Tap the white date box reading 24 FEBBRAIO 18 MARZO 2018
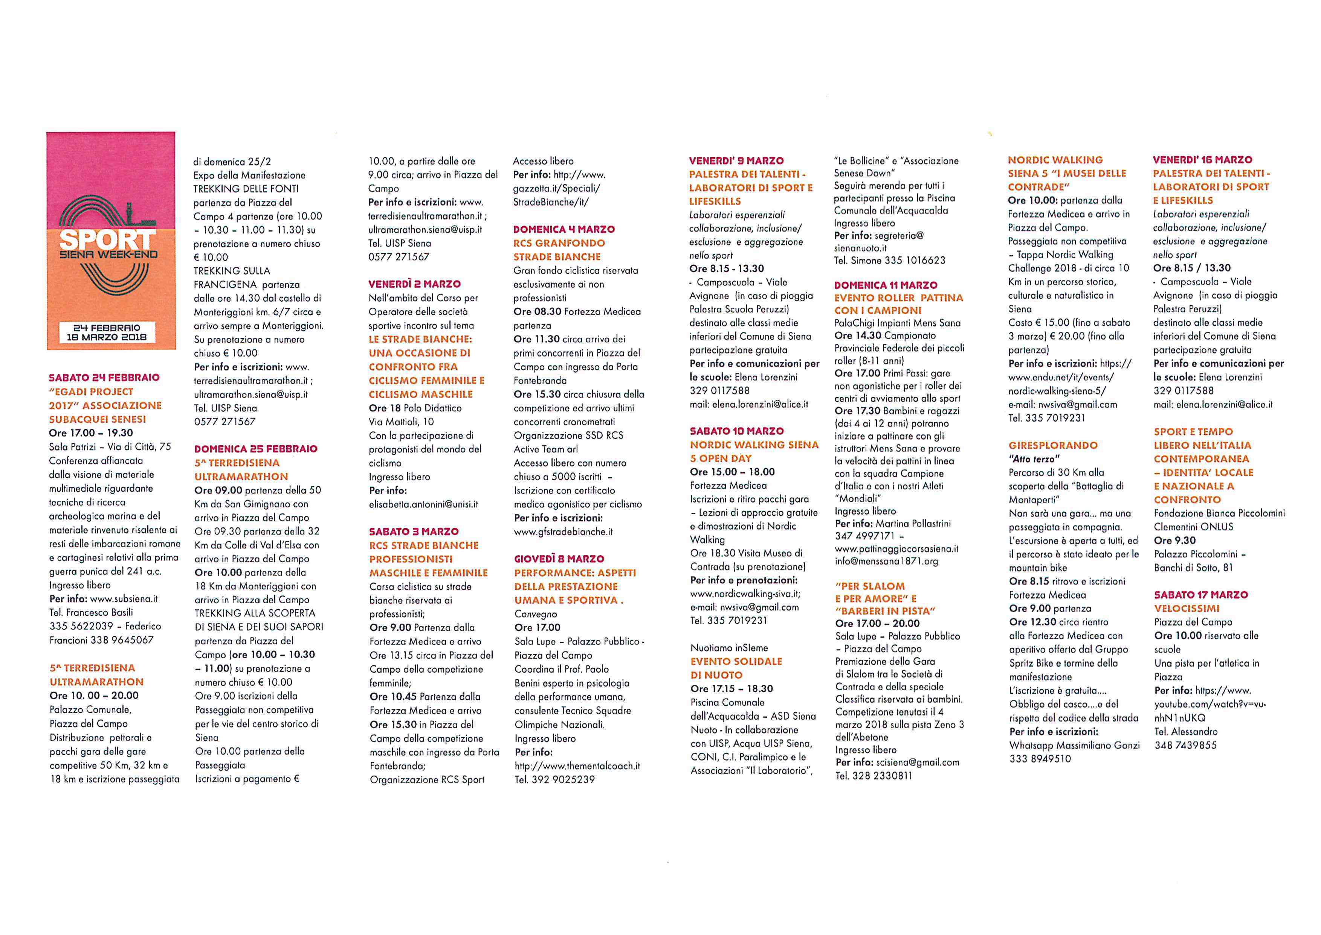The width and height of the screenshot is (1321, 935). [x=107, y=332]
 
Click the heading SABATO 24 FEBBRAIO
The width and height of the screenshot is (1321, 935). [x=104, y=378]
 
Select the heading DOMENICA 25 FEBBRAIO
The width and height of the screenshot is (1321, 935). [x=255, y=449]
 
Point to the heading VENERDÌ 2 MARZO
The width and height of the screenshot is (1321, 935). [x=414, y=284]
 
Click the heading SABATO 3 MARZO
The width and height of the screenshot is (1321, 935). [x=414, y=532]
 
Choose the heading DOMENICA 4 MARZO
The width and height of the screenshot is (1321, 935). [x=564, y=229]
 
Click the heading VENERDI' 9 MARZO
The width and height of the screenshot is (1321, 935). [x=736, y=161]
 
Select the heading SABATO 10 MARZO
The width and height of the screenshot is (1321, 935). [x=736, y=431]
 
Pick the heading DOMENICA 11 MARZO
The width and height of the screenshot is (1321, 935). [x=886, y=285]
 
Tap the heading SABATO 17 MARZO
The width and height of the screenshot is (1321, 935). [x=1201, y=595]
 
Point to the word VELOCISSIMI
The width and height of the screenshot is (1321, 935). [x=1187, y=608]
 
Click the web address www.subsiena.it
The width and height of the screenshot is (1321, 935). [x=124, y=599]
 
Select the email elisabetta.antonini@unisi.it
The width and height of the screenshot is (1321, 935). [x=423, y=504]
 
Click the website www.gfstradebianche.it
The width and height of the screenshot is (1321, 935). [x=563, y=532]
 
